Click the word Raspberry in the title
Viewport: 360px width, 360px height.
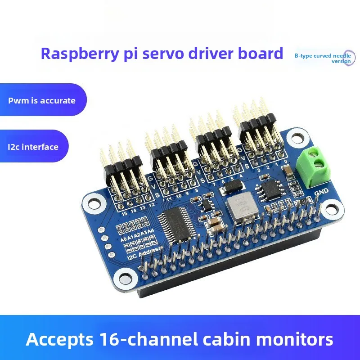click(72, 54)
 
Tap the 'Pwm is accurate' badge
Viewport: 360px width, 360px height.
click(41, 100)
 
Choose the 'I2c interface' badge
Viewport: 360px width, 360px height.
click(33, 147)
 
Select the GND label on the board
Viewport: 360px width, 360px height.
click(322, 193)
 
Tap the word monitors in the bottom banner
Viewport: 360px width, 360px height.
click(295, 339)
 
